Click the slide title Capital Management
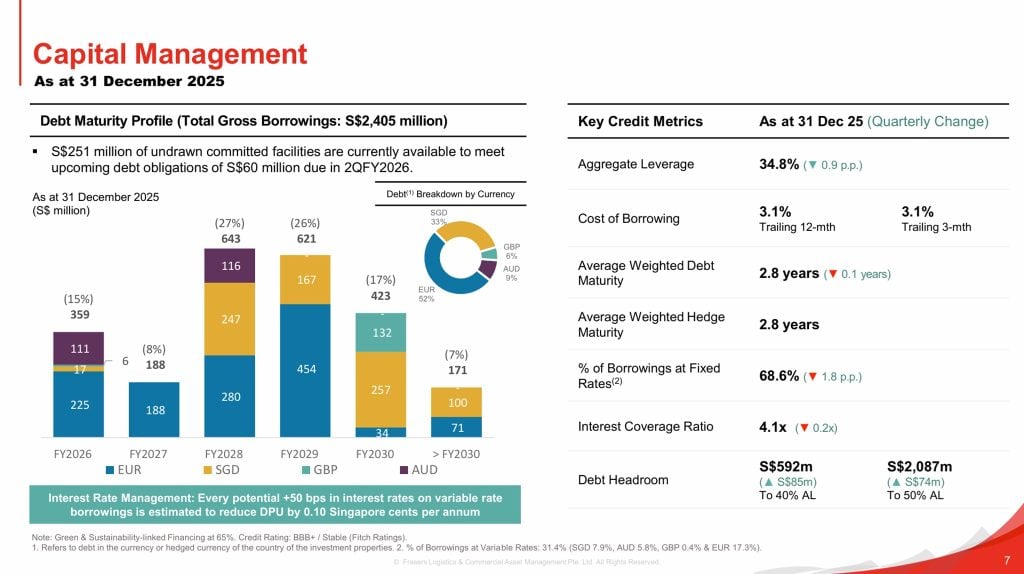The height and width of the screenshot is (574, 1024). [170, 52]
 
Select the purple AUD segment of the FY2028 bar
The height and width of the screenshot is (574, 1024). [232, 266]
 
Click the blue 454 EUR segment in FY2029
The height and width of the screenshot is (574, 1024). [307, 370]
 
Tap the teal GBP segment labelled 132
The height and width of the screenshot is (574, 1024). [382, 331]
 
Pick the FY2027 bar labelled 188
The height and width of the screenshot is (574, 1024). [155, 409]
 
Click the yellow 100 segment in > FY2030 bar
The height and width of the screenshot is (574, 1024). [458, 401]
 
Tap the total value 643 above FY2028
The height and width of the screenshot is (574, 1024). [232, 238]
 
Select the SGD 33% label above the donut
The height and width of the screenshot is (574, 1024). [439, 216]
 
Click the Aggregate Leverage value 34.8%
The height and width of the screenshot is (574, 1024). [778, 163]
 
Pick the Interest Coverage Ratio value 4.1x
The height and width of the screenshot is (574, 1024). [773, 426]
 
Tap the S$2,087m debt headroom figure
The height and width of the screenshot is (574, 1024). [919, 466]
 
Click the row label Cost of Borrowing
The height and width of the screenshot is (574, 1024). [628, 218]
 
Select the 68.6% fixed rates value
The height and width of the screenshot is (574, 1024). [779, 376]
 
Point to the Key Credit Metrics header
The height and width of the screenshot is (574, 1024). [640, 121]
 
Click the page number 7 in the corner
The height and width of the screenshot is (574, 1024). [1005, 558]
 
